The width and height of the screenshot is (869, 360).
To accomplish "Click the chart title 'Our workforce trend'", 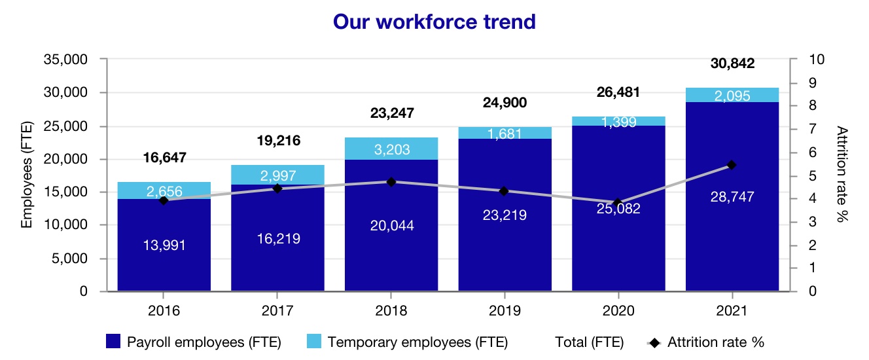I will [x=434, y=22].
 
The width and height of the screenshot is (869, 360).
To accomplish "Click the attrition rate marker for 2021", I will [x=732, y=165].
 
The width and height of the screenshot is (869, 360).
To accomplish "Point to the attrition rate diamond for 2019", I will [x=504, y=191].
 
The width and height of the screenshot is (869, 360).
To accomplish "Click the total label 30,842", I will [x=732, y=64].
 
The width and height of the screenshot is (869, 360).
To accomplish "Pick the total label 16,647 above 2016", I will [x=164, y=158].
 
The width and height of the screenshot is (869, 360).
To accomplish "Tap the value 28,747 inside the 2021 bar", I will [x=732, y=197].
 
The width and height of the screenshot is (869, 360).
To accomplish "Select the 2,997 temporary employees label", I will [x=277, y=175].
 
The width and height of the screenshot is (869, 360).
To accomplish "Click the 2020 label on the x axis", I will [x=618, y=310].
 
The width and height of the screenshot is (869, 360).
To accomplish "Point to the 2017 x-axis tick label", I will [x=277, y=310].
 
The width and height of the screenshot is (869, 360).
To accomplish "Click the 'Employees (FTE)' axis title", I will [x=27, y=175].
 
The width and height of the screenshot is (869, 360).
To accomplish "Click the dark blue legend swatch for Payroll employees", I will [x=113, y=342].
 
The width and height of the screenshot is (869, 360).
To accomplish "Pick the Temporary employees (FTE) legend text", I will [x=417, y=342].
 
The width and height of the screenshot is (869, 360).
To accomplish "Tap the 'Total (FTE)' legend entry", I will [x=589, y=342].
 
